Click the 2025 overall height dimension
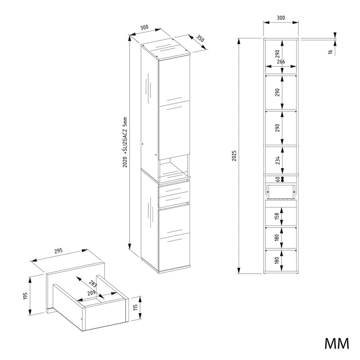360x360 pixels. coord(234,156)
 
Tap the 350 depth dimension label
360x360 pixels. coord(200,38)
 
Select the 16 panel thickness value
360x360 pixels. coord(330,52)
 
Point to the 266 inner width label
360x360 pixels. coord(281,61)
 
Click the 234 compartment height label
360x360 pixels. coord(278,160)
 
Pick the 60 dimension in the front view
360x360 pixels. coord(278,179)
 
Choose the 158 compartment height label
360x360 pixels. coord(277,216)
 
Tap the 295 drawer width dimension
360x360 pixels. coord(58,251)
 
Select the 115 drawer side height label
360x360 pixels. coord(135,307)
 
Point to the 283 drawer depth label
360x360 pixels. coord(93,284)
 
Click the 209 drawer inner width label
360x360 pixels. coord(91,293)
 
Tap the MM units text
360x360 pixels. coord(337,343)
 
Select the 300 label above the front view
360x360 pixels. coord(281,18)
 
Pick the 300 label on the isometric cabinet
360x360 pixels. coord(144,27)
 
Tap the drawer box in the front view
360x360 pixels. coord(280,192)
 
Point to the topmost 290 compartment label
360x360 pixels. coord(277,54)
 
